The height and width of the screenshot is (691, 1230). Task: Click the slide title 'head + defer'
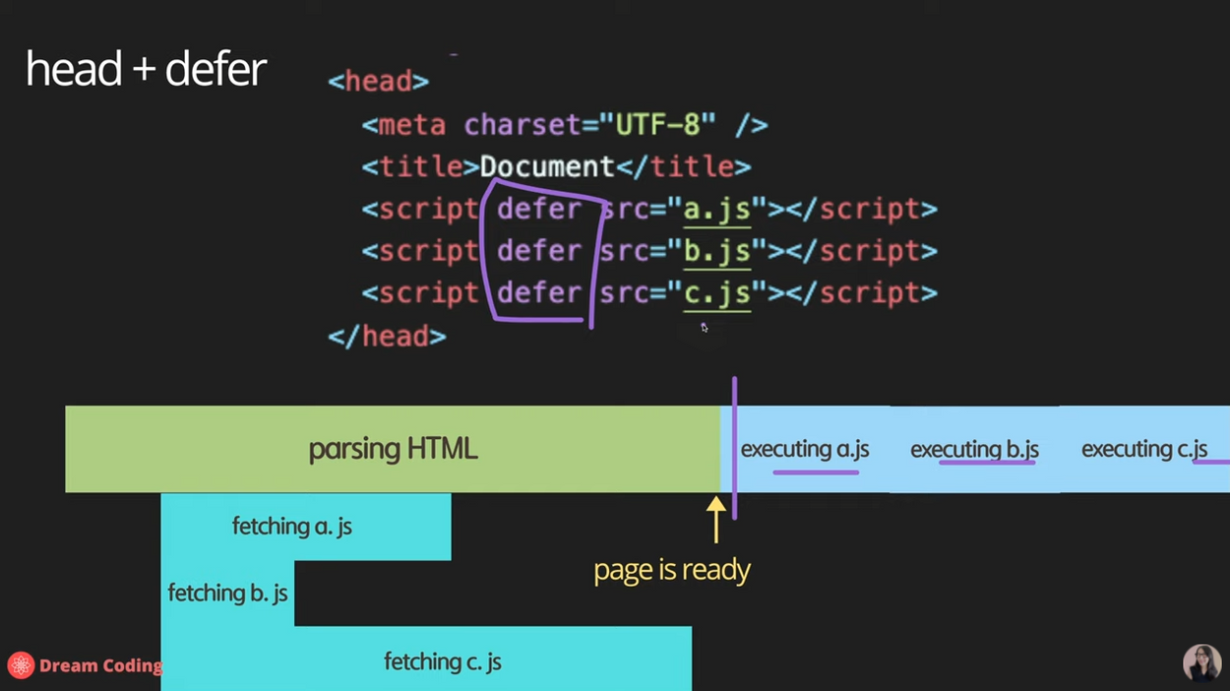coord(146,70)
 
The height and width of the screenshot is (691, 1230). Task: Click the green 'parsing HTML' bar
coord(393,449)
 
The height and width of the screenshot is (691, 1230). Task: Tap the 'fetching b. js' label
coord(227,594)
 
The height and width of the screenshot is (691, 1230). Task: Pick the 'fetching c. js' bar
coord(442,661)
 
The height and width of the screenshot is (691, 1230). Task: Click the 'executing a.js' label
coord(805,450)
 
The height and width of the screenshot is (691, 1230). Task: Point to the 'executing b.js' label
coord(974,450)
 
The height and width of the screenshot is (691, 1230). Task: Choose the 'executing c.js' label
coord(1143,450)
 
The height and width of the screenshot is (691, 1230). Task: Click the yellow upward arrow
coord(716,519)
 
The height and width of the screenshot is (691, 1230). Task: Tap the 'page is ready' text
coord(672,570)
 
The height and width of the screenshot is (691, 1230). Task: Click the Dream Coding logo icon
coord(21,665)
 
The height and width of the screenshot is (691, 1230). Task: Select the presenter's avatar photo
coord(1200,662)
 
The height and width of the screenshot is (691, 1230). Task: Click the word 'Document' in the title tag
coord(547,167)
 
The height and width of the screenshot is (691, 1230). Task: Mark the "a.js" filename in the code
coord(717,210)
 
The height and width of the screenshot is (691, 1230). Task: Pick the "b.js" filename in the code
coord(717,252)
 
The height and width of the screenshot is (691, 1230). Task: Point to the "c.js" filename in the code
coord(717,293)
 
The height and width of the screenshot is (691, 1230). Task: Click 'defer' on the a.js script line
coord(539,210)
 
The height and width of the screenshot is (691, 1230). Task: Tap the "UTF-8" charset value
coord(657,126)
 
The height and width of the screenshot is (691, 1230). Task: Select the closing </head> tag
coord(387,337)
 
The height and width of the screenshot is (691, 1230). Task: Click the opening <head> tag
coord(379,82)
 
